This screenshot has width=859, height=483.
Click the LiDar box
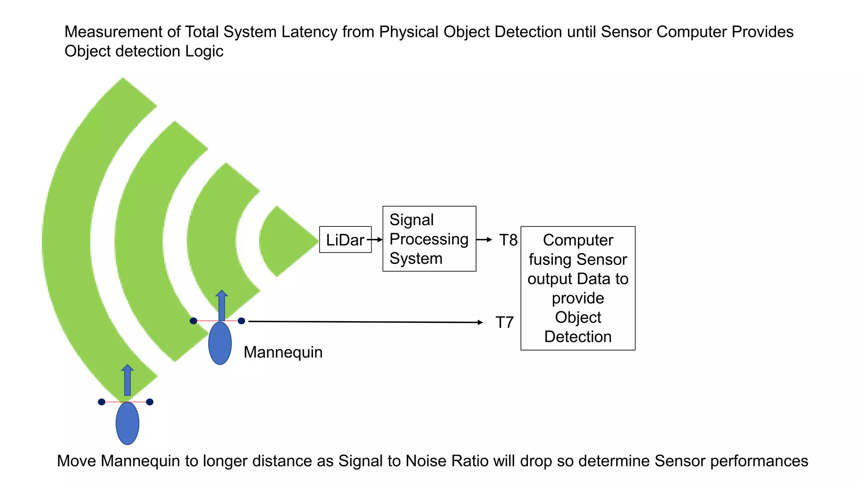click(345, 240)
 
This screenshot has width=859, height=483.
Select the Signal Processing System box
click(429, 239)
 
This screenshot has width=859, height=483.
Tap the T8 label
click(508, 240)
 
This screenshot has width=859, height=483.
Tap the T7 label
click(504, 322)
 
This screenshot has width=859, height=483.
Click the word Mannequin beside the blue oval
click(283, 352)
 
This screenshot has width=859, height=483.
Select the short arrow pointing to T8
click(484, 239)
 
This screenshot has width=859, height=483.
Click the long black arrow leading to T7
click(365, 322)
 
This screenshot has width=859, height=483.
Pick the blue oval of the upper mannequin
click(220, 343)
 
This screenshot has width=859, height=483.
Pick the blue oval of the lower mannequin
click(127, 423)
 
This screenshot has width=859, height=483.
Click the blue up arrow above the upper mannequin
click(221, 305)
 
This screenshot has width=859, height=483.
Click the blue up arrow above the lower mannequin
click(127, 380)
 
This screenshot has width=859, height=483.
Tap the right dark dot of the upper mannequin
click(241, 321)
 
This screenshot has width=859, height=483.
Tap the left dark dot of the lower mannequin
click(102, 402)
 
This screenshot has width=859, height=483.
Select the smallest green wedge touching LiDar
click(285, 241)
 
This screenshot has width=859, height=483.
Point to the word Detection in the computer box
click(578, 337)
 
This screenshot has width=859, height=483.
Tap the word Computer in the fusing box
click(578, 240)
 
